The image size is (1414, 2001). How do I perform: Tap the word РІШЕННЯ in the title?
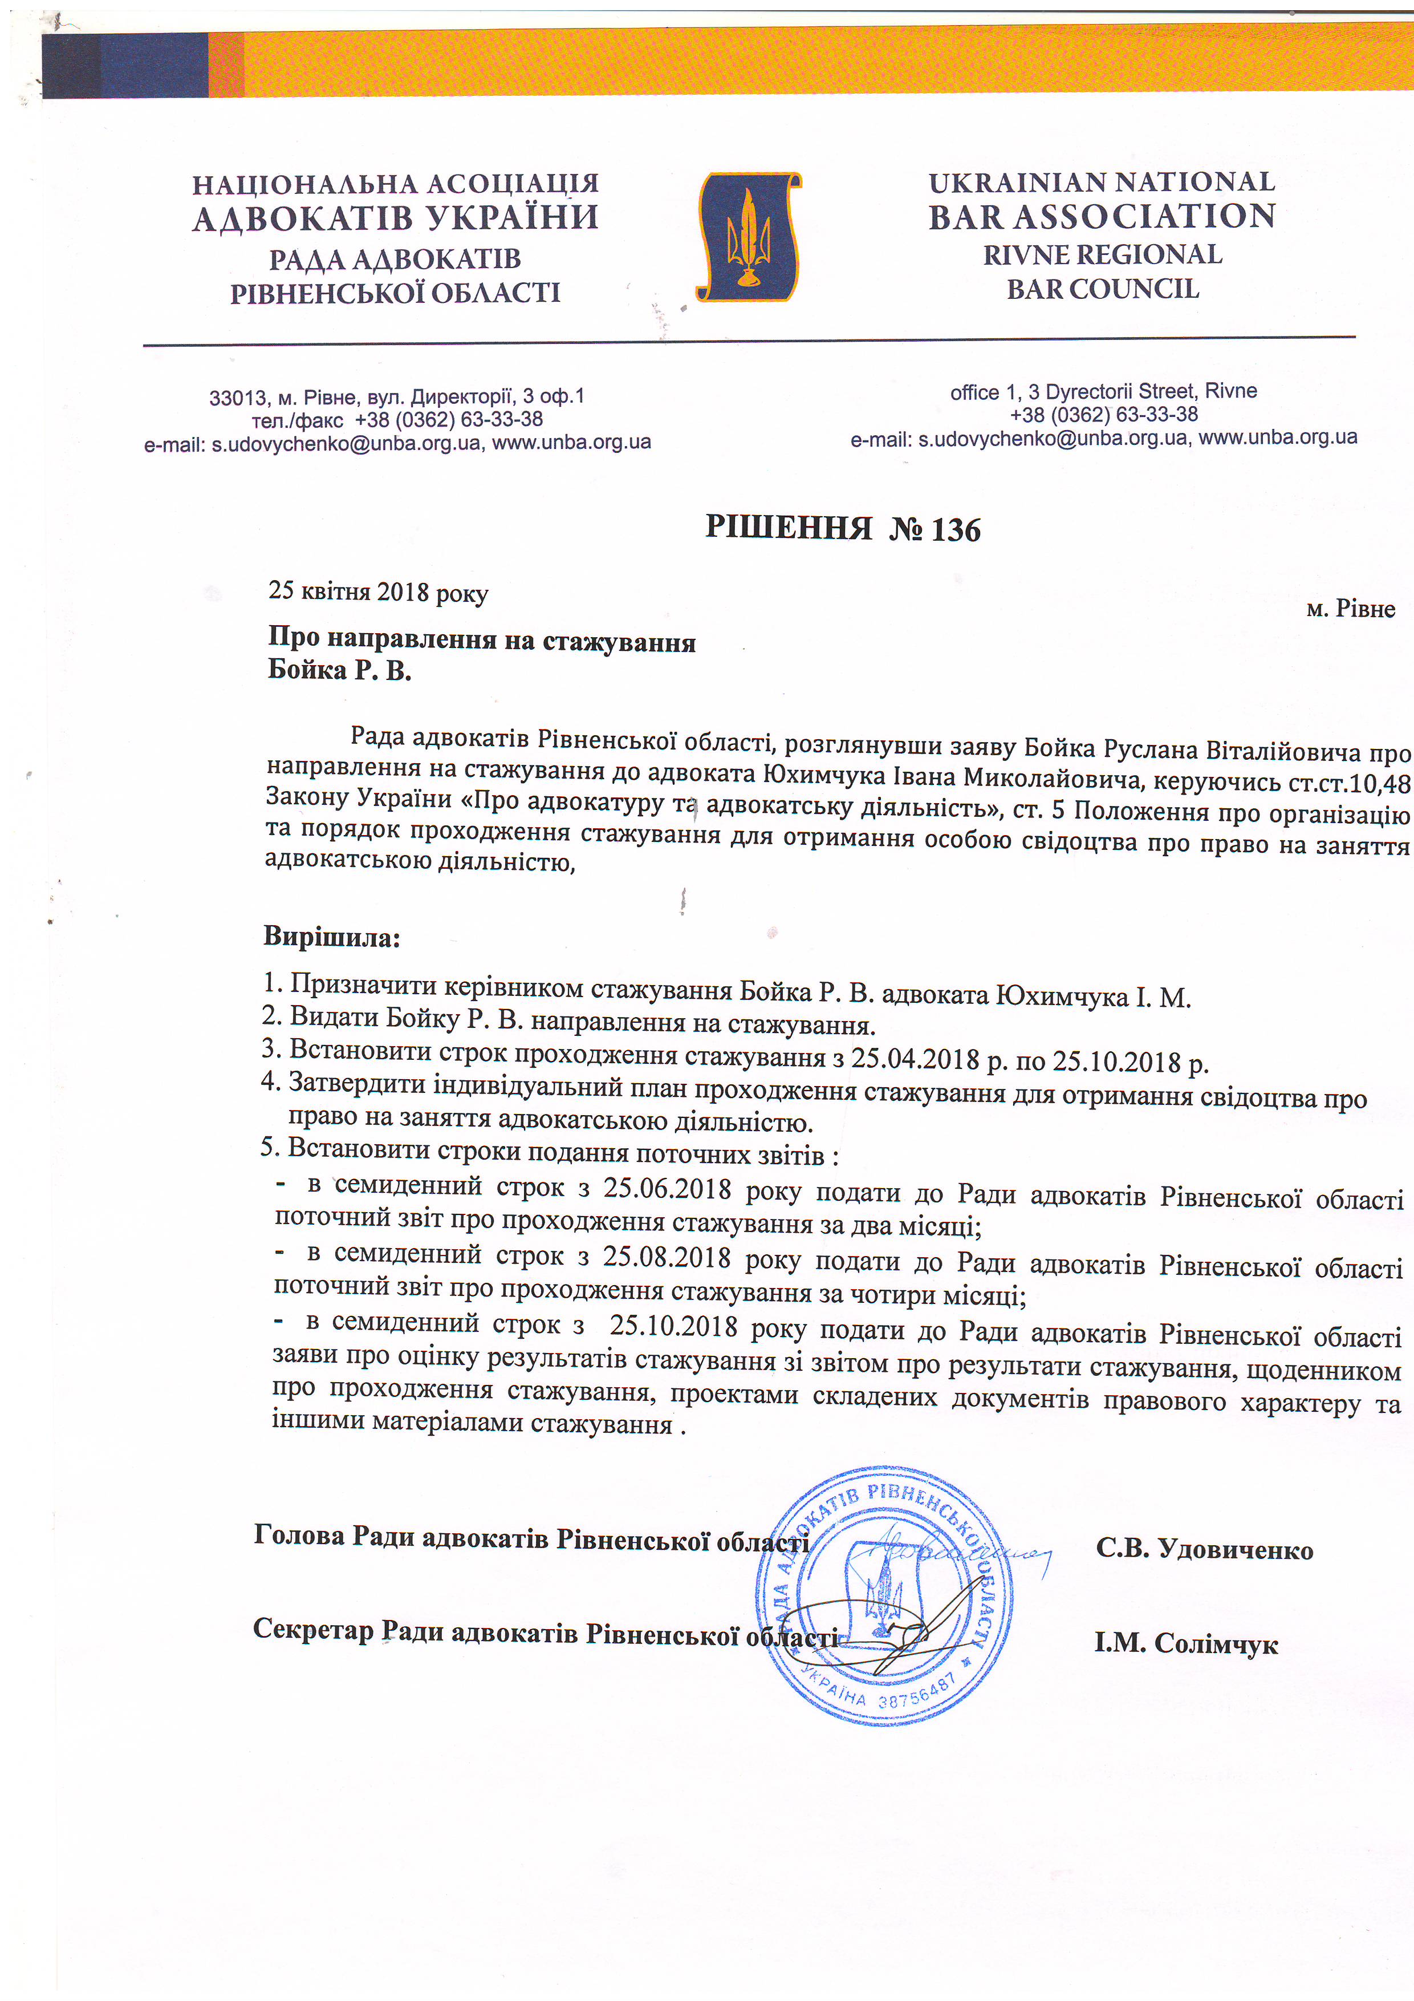(789, 527)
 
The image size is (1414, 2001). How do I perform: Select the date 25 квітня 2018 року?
(378, 592)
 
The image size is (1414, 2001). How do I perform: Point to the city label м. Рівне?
(1350, 609)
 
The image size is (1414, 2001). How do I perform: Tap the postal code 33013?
(238, 398)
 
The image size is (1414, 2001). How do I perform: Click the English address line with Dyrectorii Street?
(1103, 391)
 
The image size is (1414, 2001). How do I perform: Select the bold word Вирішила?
(332, 938)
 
